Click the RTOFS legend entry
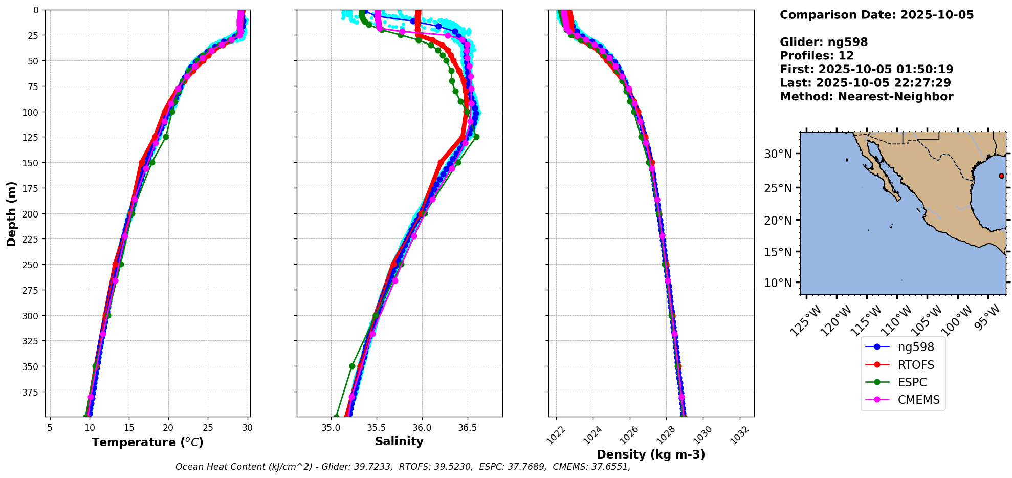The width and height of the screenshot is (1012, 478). tap(915, 365)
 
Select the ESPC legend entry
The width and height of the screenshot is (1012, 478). tap(912, 382)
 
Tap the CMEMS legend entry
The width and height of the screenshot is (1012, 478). tap(918, 400)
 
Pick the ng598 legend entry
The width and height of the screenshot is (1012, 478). tap(915, 347)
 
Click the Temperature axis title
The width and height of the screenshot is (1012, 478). tap(147, 442)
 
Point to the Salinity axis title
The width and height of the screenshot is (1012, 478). tap(399, 441)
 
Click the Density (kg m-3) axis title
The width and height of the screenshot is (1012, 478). tap(651, 454)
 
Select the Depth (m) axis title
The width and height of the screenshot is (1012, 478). tap(11, 213)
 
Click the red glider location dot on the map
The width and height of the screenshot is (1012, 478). tap(1001, 176)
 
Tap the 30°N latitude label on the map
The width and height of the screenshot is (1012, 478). tap(778, 154)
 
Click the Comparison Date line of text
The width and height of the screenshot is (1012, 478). tap(876, 15)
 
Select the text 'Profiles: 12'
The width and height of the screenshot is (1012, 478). tap(817, 56)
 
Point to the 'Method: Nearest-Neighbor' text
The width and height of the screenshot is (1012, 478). tap(866, 97)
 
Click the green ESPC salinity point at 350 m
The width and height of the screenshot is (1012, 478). tap(352, 366)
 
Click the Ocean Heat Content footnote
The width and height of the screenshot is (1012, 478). tap(403, 467)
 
